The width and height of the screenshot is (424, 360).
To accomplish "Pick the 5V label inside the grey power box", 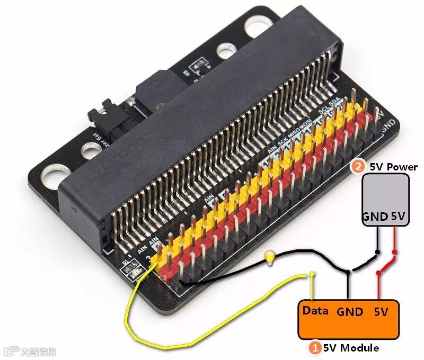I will pos(399,217).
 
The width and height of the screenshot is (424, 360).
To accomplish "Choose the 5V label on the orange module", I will pos(381,311).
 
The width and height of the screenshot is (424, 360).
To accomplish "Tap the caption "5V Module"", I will pos(351,348).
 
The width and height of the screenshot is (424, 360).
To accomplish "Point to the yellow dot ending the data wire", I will pos(312,274).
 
